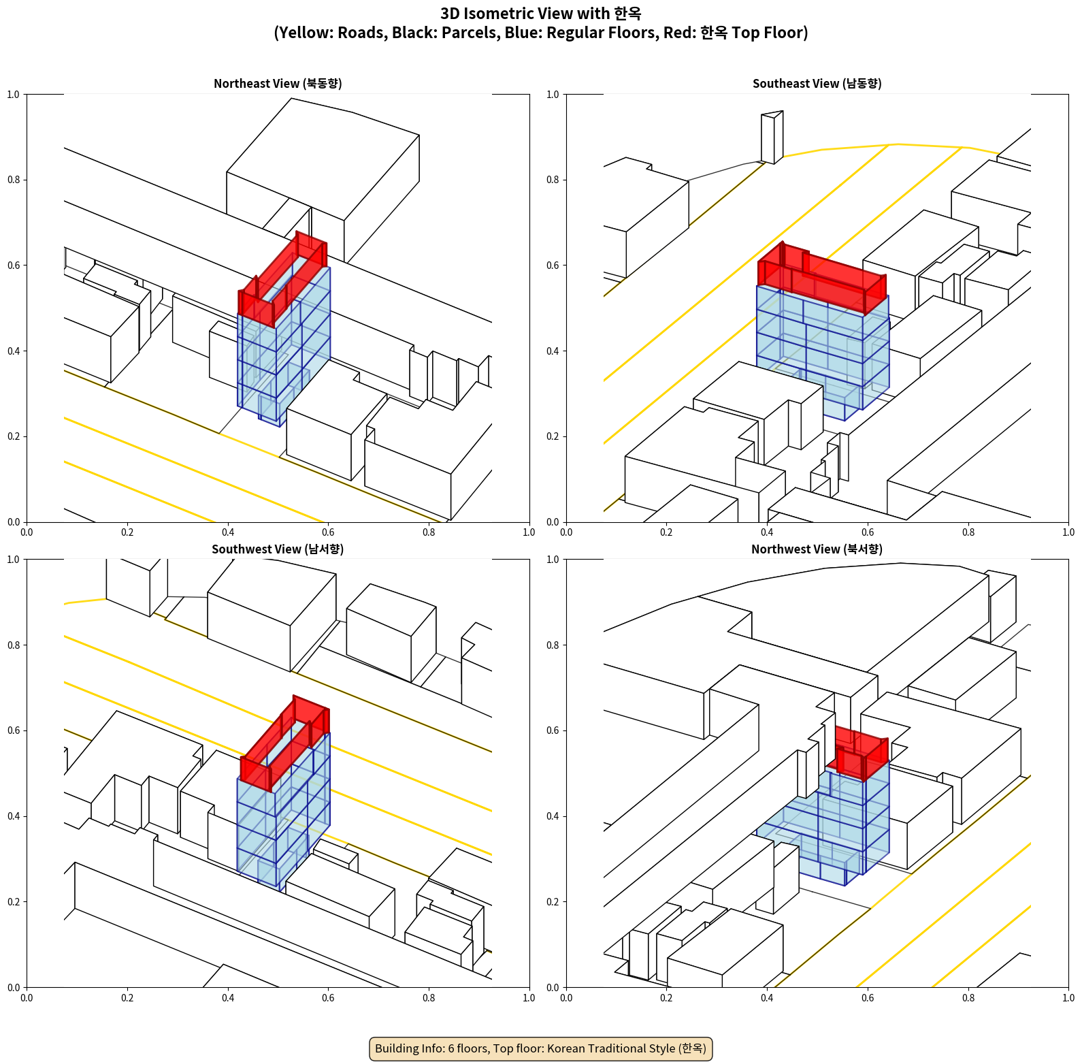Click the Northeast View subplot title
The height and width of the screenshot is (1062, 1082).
pyautogui.click(x=278, y=84)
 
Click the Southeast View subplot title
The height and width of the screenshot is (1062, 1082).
pyautogui.click(x=817, y=84)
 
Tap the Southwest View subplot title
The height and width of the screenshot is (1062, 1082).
pyautogui.click(x=278, y=549)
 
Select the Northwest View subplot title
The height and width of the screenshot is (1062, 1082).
pyautogui.click(x=817, y=549)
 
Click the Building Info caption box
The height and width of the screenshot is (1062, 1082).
pyautogui.click(x=540, y=1048)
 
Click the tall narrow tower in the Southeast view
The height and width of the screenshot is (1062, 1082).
pyautogui.click(x=772, y=138)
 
